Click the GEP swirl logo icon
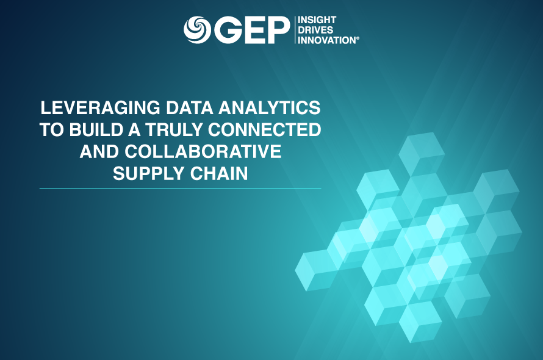pyautogui.click(x=196, y=29)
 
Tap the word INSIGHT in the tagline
pyautogui.click(x=316, y=20)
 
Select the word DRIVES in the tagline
pyautogui.click(x=315, y=30)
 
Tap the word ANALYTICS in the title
pyautogui.click(x=271, y=109)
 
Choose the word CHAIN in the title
pyautogui.click(x=217, y=173)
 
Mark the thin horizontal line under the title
pyautogui.click(x=180, y=189)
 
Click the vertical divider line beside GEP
pyautogui.click(x=293, y=30)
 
